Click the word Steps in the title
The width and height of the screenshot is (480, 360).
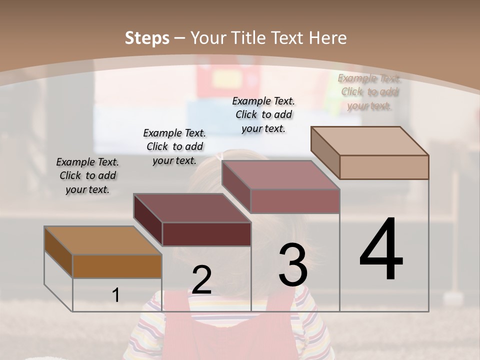pos(147,38)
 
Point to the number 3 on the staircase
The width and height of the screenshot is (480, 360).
pos(293,265)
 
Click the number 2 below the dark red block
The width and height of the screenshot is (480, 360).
pos(201,280)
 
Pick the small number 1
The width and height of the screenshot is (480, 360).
pos(116,295)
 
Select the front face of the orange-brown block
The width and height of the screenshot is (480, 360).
pos(117,266)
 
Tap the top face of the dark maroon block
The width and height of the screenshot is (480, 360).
pos(192,208)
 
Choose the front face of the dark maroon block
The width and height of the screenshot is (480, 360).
pos(206,234)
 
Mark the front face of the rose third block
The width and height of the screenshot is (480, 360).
pos(295,201)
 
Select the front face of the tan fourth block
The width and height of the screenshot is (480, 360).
pos(384,167)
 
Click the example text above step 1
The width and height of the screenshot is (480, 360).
pos(87,175)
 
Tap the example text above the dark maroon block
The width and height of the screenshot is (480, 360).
pos(174,146)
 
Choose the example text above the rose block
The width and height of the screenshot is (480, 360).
pos(263,114)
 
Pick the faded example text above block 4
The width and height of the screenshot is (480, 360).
pos(369,91)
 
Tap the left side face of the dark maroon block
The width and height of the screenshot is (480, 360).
pos(148,220)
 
